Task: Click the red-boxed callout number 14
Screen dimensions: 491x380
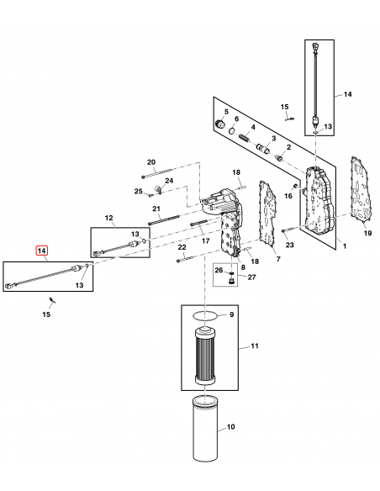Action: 41,251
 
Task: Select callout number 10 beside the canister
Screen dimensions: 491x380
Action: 230,427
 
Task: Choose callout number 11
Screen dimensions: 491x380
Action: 245,346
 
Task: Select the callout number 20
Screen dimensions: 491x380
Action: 152,161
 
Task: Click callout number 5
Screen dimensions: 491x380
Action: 225,112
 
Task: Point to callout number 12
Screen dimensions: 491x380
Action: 108,218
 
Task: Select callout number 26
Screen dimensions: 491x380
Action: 218,271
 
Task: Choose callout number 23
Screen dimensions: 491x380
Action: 289,245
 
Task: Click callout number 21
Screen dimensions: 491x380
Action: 156,209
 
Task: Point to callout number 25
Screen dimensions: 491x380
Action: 139,192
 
